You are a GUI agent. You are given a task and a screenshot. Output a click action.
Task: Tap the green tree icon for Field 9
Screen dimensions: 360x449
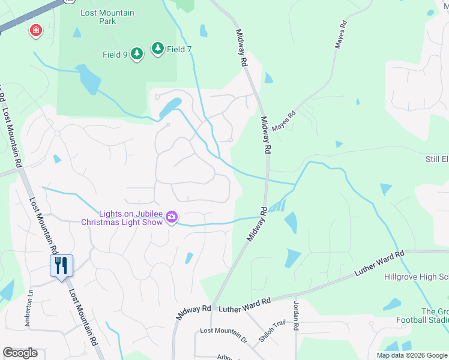click(x=137, y=54)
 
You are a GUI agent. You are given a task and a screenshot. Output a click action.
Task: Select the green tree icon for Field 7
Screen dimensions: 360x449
click(x=158, y=48)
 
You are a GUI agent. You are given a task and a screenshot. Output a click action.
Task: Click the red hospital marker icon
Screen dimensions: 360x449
click(x=36, y=30)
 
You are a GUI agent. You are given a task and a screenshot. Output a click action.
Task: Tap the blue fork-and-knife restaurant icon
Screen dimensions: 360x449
click(x=61, y=265)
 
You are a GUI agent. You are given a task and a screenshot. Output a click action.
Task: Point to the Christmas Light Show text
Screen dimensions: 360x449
click(x=122, y=222)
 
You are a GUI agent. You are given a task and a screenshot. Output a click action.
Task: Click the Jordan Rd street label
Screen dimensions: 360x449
click(x=296, y=316)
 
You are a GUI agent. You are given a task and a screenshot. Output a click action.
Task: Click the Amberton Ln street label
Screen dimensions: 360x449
click(x=28, y=308)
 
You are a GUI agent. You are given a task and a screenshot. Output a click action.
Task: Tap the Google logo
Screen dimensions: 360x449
click(x=20, y=353)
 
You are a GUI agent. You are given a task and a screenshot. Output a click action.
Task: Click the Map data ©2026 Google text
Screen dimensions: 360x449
click(x=411, y=355)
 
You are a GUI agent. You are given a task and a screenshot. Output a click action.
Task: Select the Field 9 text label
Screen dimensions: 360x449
click(x=115, y=55)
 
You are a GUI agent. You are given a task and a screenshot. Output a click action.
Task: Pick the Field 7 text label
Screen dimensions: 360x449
click(x=179, y=49)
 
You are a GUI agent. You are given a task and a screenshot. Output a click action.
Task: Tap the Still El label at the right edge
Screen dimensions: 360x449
click(x=436, y=160)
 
